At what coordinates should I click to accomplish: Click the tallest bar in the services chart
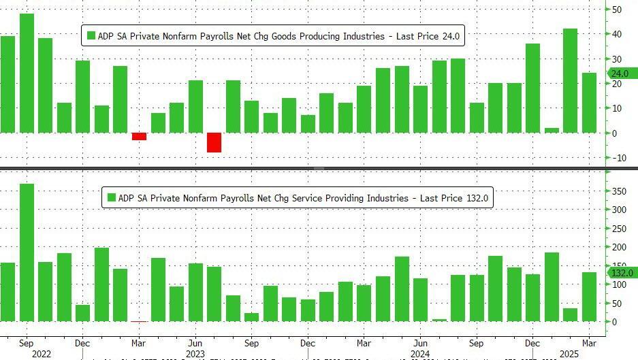point(27,252)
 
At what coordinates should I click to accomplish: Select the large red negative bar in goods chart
point(214,142)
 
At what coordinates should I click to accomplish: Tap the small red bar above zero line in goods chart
point(139,136)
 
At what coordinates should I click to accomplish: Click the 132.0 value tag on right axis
point(621,273)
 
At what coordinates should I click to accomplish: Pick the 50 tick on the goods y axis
point(616,10)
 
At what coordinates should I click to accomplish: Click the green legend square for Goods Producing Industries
point(91,35)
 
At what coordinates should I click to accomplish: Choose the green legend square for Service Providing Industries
point(112,198)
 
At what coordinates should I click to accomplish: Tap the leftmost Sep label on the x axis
point(27,344)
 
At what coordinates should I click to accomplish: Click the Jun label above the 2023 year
point(195,344)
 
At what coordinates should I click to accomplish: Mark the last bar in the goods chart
point(590,103)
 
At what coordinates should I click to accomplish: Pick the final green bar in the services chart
point(590,297)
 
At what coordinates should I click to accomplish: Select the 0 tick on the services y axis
point(615,322)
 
